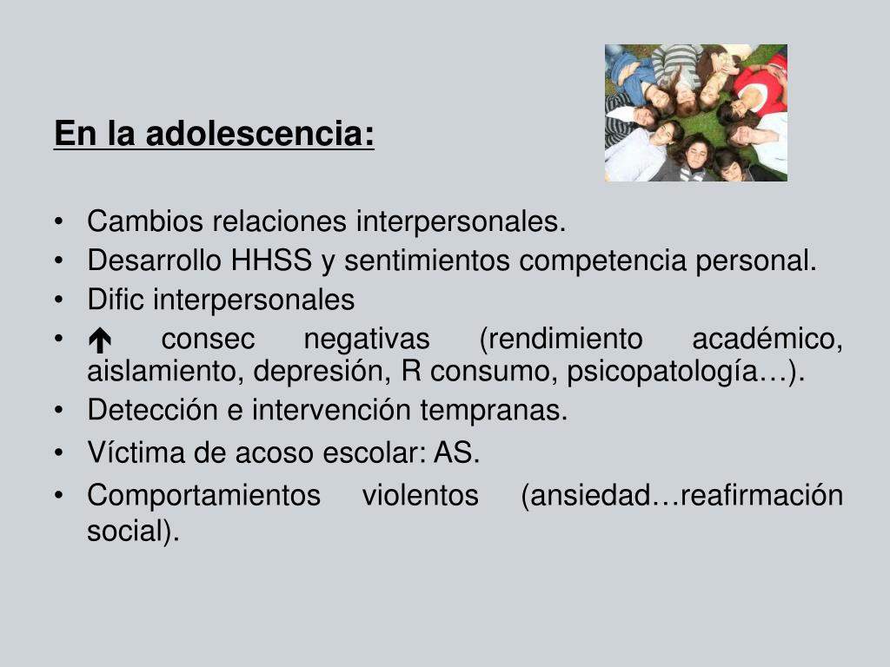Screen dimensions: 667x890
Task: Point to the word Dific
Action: (x=116, y=300)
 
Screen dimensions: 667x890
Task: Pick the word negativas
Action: (x=367, y=339)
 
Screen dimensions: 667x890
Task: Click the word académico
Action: (x=767, y=339)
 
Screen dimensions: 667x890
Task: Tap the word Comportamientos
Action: (x=203, y=496)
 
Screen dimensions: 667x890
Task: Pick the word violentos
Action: (x=420, y=496)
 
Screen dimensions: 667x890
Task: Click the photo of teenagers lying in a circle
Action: (x=695, y=113)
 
